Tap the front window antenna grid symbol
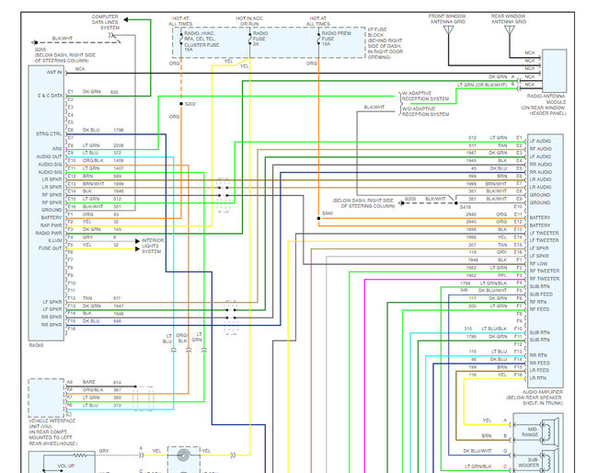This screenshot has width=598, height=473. coord(448,31)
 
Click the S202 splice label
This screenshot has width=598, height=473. coord(190,103)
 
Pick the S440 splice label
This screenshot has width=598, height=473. coord(327,213)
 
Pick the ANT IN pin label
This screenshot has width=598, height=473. coord(52,71)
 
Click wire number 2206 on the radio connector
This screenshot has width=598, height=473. coord(117,144)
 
